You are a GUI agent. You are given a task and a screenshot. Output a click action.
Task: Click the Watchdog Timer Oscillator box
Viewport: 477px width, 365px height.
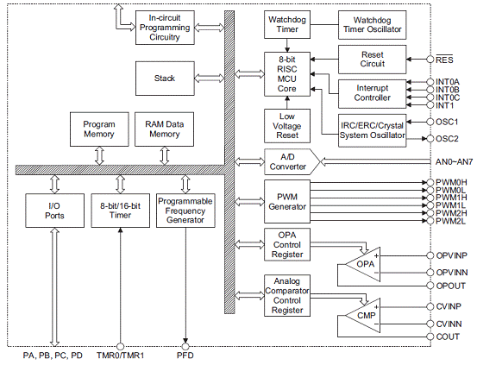click(x=372, y=25)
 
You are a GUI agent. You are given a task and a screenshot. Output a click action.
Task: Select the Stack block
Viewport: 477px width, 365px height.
click(x=165, y=79)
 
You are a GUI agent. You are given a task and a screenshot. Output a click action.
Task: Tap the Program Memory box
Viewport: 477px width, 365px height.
click(x=99, y=129)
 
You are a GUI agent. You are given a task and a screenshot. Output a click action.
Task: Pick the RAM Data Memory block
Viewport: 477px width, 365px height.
click(x=164, y=129)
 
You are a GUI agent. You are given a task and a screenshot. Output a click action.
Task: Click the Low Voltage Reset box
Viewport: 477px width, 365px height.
click(x=287, y=126)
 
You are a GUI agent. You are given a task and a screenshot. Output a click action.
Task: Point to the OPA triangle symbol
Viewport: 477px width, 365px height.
click(x=363, y=264)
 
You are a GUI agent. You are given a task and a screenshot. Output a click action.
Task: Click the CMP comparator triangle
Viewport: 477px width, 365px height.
click(x=363, y=315)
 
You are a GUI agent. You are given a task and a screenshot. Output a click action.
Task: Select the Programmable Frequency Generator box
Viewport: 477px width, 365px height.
click(x=185, y=211)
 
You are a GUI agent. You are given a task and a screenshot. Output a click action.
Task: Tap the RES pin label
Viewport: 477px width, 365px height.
click(x=444, y=60)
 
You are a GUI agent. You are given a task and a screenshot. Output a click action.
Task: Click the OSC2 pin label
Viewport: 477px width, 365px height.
click(x=447, y=139)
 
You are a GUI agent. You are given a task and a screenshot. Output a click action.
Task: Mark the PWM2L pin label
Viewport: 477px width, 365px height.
click(x=450, y=221)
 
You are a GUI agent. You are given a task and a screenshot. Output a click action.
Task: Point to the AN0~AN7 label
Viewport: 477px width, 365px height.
click(x=454, y=161)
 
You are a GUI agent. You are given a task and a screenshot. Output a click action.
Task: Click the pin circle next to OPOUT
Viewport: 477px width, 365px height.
click(x=430, y=286)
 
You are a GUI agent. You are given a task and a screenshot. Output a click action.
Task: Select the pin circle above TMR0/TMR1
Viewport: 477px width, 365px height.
click(x=121, y=346)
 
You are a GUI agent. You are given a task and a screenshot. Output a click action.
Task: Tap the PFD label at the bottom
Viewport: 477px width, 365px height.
click(x=185, y=356)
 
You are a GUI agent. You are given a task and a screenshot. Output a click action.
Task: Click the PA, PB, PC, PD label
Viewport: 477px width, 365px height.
click(x=53, y=356)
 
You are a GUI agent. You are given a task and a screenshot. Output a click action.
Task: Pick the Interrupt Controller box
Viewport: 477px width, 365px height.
click(x=372, y=94)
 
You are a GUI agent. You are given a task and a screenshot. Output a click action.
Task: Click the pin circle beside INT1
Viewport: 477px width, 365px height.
click(x=430, y=105)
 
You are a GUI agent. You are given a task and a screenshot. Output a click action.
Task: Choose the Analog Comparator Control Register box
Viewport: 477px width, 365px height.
click(x=287, y=296)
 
